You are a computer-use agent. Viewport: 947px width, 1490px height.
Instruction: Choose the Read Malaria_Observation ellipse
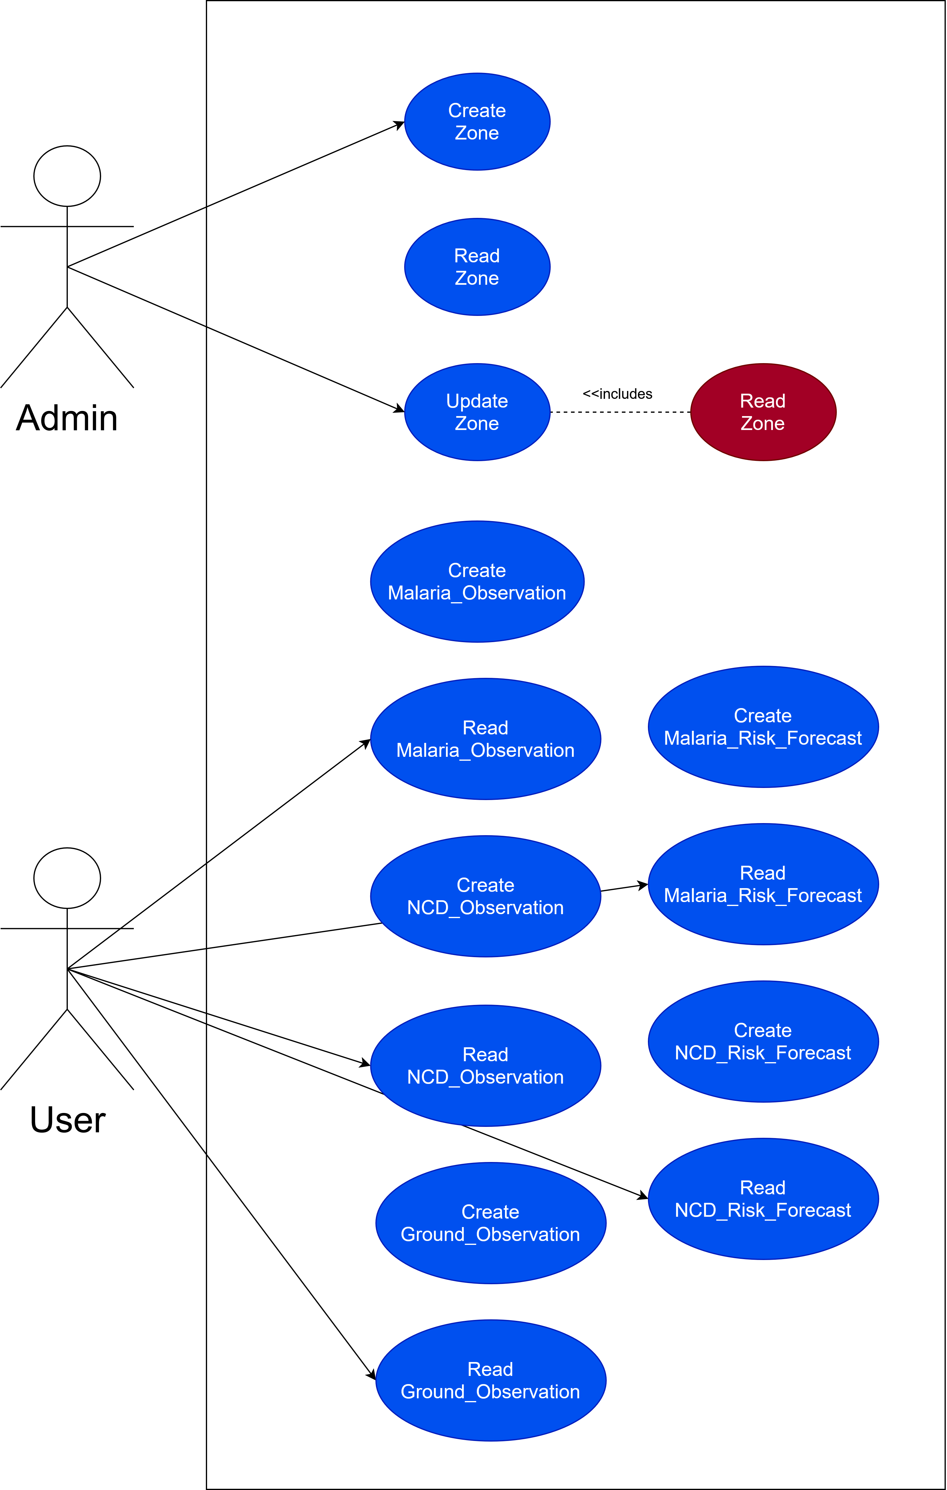click(x=485, y=739)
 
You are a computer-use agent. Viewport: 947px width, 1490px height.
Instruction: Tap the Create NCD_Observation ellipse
click(x=485, y=896)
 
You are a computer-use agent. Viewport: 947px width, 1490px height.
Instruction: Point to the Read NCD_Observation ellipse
click(x=485, y=1065)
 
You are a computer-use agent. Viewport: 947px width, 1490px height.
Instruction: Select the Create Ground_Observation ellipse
click(x=490, y=1223)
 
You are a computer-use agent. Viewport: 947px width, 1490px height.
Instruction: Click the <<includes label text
click(x=617, y=394)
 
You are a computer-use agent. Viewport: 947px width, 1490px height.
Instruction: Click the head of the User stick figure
click(x=67, y=878)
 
